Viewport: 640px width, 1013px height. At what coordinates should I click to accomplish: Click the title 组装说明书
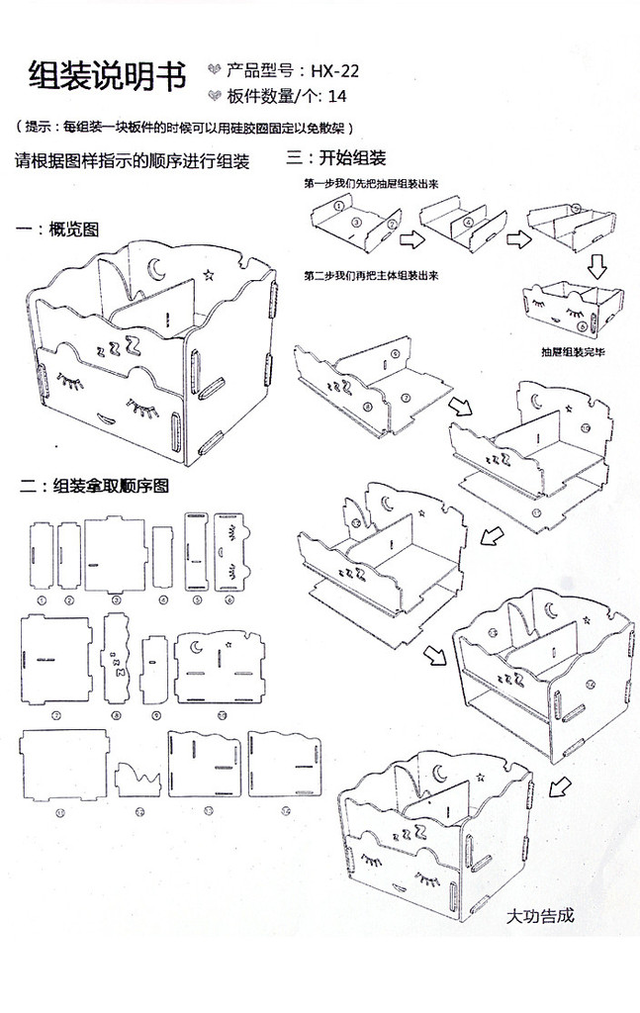pos(108,75)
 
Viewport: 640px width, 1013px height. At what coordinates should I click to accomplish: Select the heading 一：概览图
pos(59,230)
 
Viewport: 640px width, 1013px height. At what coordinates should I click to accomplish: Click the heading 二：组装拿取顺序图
pos(94,486)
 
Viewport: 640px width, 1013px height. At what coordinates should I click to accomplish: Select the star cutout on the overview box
pos(208,272)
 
